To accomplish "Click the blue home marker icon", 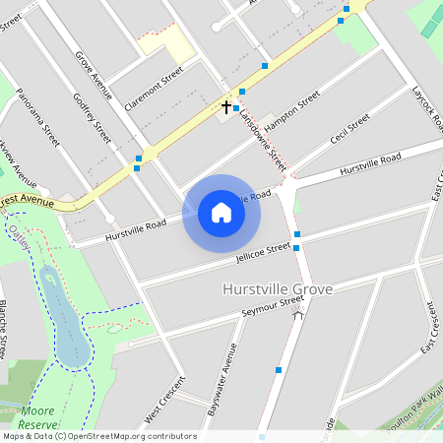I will click(221, 213).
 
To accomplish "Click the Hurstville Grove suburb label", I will click(278, 289).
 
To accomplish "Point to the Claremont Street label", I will click(154, 87).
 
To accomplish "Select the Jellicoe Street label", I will click(263, 253).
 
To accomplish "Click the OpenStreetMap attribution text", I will click(98, 436).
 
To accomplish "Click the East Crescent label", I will click(429, 325).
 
